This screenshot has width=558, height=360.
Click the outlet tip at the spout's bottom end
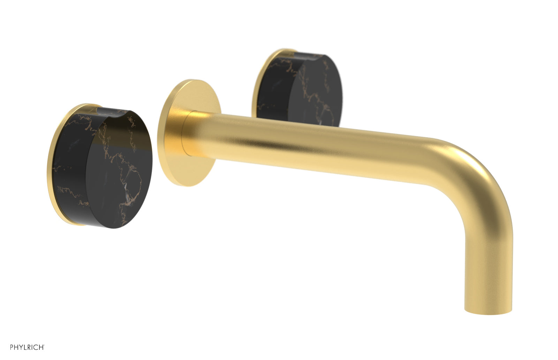(x=488, y=307)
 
